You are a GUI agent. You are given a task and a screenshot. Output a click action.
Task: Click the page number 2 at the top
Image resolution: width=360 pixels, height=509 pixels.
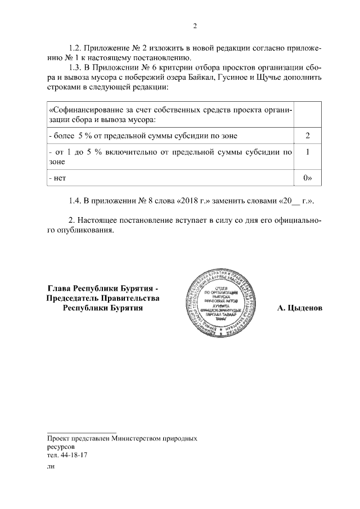pyautogui.click(x=195, y=26)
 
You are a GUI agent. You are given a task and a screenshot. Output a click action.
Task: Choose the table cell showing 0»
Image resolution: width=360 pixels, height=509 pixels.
pyautogui.click(x=307, y=178)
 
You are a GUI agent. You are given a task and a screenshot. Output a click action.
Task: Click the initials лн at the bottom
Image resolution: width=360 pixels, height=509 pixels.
pyautogui.click(x=51, y=466)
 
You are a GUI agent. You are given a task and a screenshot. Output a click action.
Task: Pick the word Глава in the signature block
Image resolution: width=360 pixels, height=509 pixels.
pyautogui.click(x=59, y=289)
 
